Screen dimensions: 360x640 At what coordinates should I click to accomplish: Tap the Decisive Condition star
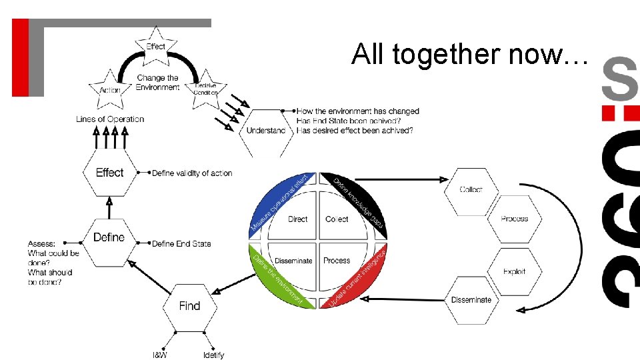[205, 87]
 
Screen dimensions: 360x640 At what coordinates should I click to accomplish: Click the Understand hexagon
[265, 131]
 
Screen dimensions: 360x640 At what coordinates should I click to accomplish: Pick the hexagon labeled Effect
[109, 173]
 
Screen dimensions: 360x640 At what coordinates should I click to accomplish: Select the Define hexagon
[109, 237]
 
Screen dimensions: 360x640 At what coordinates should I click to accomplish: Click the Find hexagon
[189, 306]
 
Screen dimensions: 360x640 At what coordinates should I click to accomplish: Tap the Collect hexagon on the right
[471, 190]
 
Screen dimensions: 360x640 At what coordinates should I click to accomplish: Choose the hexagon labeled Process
[514, 219]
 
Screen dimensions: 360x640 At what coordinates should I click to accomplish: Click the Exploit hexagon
[514, 271]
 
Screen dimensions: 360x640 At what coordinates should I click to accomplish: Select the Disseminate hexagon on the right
[471, 300]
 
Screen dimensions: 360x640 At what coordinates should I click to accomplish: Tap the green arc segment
[275, 279]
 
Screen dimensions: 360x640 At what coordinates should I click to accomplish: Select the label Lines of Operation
[110, 119]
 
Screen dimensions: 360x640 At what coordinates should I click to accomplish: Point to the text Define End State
[181, 244]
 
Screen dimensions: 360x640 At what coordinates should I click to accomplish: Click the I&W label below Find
[160, 355]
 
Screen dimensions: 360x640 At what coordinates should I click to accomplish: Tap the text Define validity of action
[192, 173]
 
